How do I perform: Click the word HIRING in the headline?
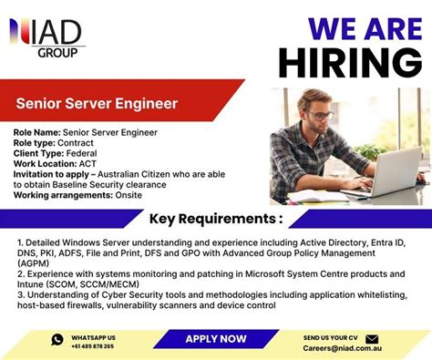(x=350, y=62)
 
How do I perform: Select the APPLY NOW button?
(x=216, y=339)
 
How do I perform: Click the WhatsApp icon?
(x=57, y=340)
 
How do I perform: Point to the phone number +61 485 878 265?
(x=93, y=346)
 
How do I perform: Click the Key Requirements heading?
(x=215, y=219)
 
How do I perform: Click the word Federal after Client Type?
(x=83, y=153)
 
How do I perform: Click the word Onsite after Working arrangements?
(x=123, y=194)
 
